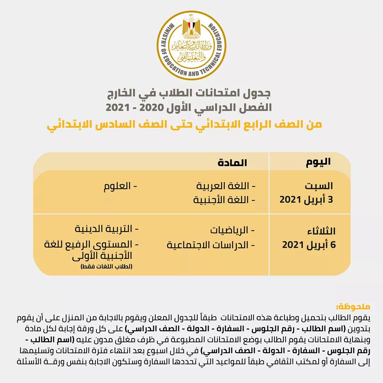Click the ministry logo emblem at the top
[x=191, y=45]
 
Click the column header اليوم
[x=318, y=162]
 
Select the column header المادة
[x=232, y=163]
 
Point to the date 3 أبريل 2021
[x=306, y=199]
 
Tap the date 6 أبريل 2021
[x=309, y=245]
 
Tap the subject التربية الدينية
[x=106, y=229]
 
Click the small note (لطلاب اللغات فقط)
[x=106, y=266]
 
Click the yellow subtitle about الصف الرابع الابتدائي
[x=184, y=124]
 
